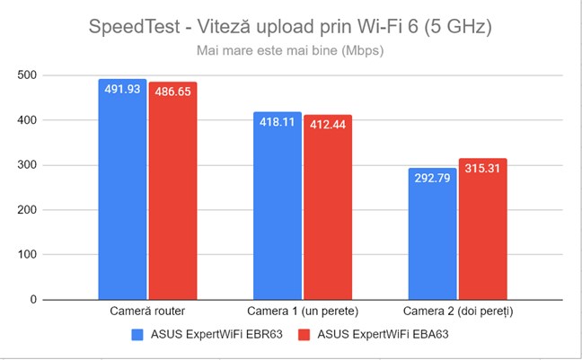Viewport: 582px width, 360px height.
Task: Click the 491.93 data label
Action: (122, 90)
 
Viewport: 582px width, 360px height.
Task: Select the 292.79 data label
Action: (432, 179)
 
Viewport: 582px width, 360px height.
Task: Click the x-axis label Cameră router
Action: (147, 312)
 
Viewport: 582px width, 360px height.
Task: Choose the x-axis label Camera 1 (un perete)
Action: (303, 312)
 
